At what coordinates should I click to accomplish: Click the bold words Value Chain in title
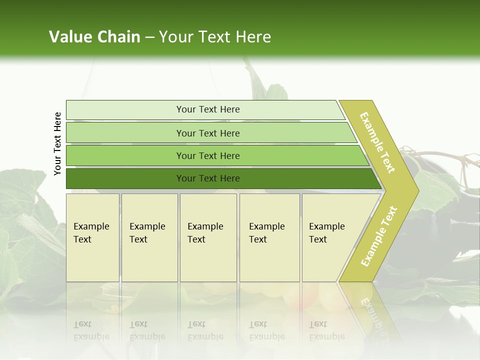[x=94, y=37]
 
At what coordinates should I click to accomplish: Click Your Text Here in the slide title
[x=215, y=37]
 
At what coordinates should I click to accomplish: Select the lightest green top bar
[x=125, y=110]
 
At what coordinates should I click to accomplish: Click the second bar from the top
[x=125, y=133]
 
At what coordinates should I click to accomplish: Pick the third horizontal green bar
[x=125, y=155]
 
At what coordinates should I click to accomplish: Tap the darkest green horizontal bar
[x=125, y=178]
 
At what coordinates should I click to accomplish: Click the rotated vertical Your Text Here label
[x=57, y=143]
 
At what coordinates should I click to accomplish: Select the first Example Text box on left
[x=92, y=237]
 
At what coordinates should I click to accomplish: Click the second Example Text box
[x=149, y=237]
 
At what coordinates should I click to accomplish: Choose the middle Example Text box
[x=208, y=237]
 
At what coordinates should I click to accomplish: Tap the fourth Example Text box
[x=269, y=237]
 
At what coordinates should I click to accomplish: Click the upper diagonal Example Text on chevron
[x=377, y=142]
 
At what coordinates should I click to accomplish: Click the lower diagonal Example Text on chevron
[x=379, y=236]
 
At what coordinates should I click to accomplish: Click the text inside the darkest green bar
[x=208, y=178]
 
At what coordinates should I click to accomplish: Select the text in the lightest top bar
[x=208, y=109]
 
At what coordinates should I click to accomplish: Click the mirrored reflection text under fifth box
[x=326, y=330]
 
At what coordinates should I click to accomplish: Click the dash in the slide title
[x=149, y=37]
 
